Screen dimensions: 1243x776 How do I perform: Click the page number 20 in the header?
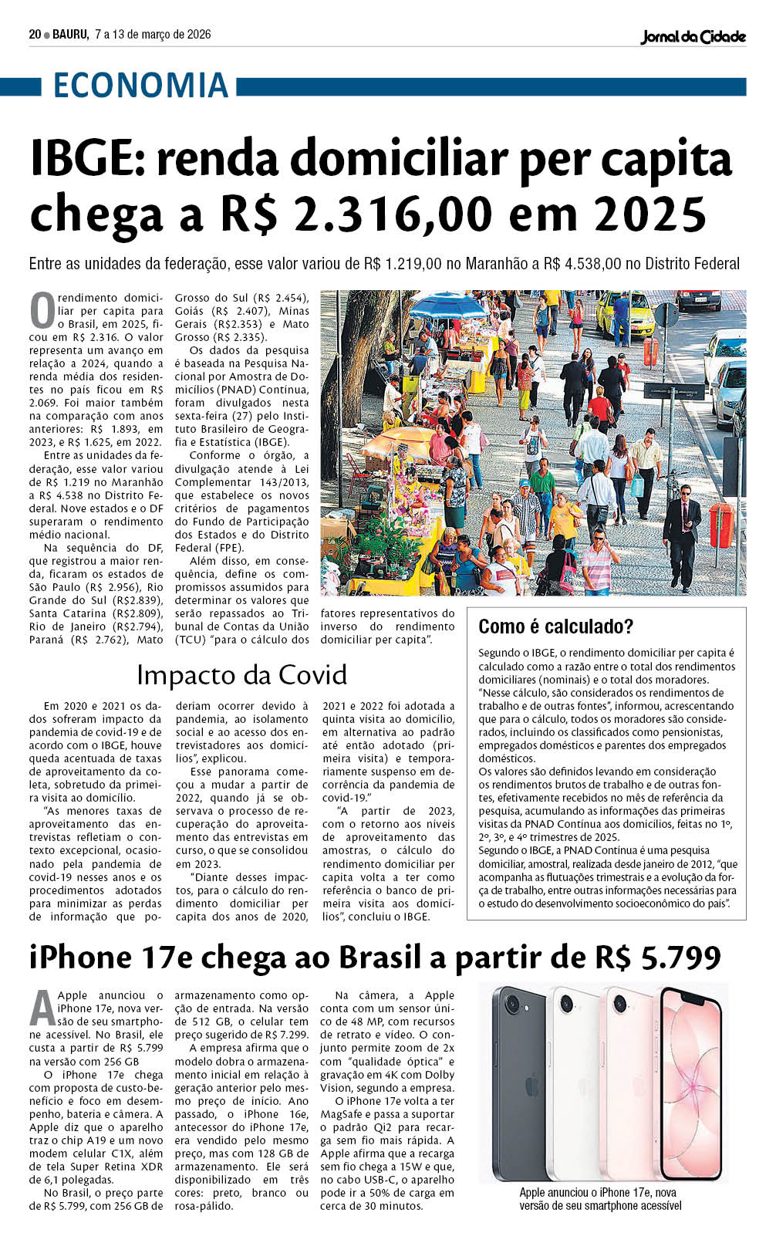pos(35,34)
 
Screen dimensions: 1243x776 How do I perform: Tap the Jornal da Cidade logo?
pos(693,35)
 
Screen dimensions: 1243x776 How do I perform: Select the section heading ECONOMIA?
pos(140,85)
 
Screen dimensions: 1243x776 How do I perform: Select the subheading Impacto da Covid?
pos(241,674)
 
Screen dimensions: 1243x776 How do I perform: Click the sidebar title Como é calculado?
pos(555,626)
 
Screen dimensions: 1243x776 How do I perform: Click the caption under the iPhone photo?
pos(599,1199)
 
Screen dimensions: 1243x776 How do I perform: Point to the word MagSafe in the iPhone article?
pos(345,1114)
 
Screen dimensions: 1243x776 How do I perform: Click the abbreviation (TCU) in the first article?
pos(191,640)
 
